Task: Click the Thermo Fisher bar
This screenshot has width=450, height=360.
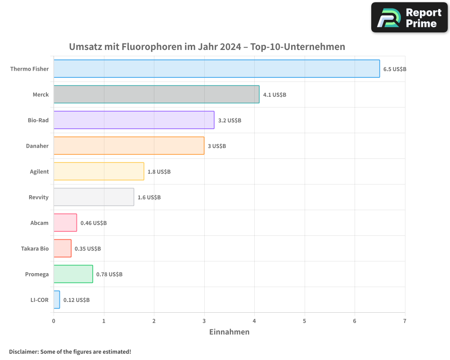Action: [x=216, y=69]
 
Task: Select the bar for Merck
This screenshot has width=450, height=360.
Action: [x=156, y=94]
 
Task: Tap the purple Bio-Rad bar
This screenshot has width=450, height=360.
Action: [x=134, y=120]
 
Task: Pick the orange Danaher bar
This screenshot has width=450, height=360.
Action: [x=129, y=146]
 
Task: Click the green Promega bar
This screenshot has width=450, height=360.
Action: [x=73, y=274]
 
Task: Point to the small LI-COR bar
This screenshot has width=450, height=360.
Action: [x=57, y=300]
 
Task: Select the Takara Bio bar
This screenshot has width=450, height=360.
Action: [x=63, y=248]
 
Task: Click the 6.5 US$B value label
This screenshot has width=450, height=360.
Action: [x=395, y=69]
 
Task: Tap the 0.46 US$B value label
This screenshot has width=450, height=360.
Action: [x=94, y=223]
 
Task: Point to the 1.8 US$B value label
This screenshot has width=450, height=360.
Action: [x=159, y=172]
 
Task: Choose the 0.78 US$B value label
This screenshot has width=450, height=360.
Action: [x=109, y=274]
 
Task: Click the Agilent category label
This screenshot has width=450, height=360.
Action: [x=39, y=171]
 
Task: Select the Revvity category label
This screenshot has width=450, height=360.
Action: [x=38, y=197]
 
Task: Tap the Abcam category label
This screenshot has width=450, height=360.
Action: [x=40, y=223]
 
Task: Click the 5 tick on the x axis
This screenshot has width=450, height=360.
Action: [x=305, y=321]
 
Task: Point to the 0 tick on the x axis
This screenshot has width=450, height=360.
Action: [x=54, y=321]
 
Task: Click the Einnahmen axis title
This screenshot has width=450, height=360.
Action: [x=229, y=332]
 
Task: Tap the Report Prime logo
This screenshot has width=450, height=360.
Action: [x=409, y=18]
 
